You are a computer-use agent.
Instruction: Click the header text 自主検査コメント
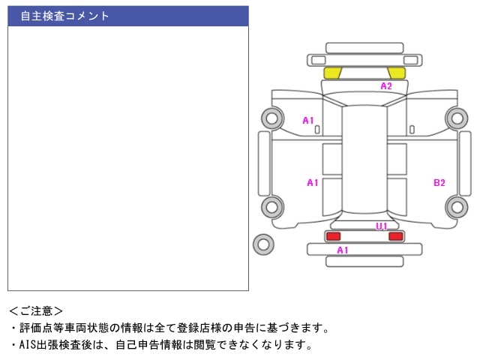(65, 16)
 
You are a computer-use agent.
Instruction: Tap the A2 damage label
(386, 86)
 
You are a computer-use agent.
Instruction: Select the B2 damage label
(439, 182)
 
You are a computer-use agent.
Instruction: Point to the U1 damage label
(382, 226)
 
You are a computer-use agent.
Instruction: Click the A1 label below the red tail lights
(343, 250)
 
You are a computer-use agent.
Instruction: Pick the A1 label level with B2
(313, 182)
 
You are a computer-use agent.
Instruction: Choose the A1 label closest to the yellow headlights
(308, 120)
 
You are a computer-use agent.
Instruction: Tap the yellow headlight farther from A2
(332, 73)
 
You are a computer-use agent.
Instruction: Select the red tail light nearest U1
(395, 236)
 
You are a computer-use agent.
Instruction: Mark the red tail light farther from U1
(333, 236)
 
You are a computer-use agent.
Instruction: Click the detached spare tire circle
(263, 244)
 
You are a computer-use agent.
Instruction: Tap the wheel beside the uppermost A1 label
(272, 118)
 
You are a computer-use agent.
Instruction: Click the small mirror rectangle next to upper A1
(317, 130)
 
